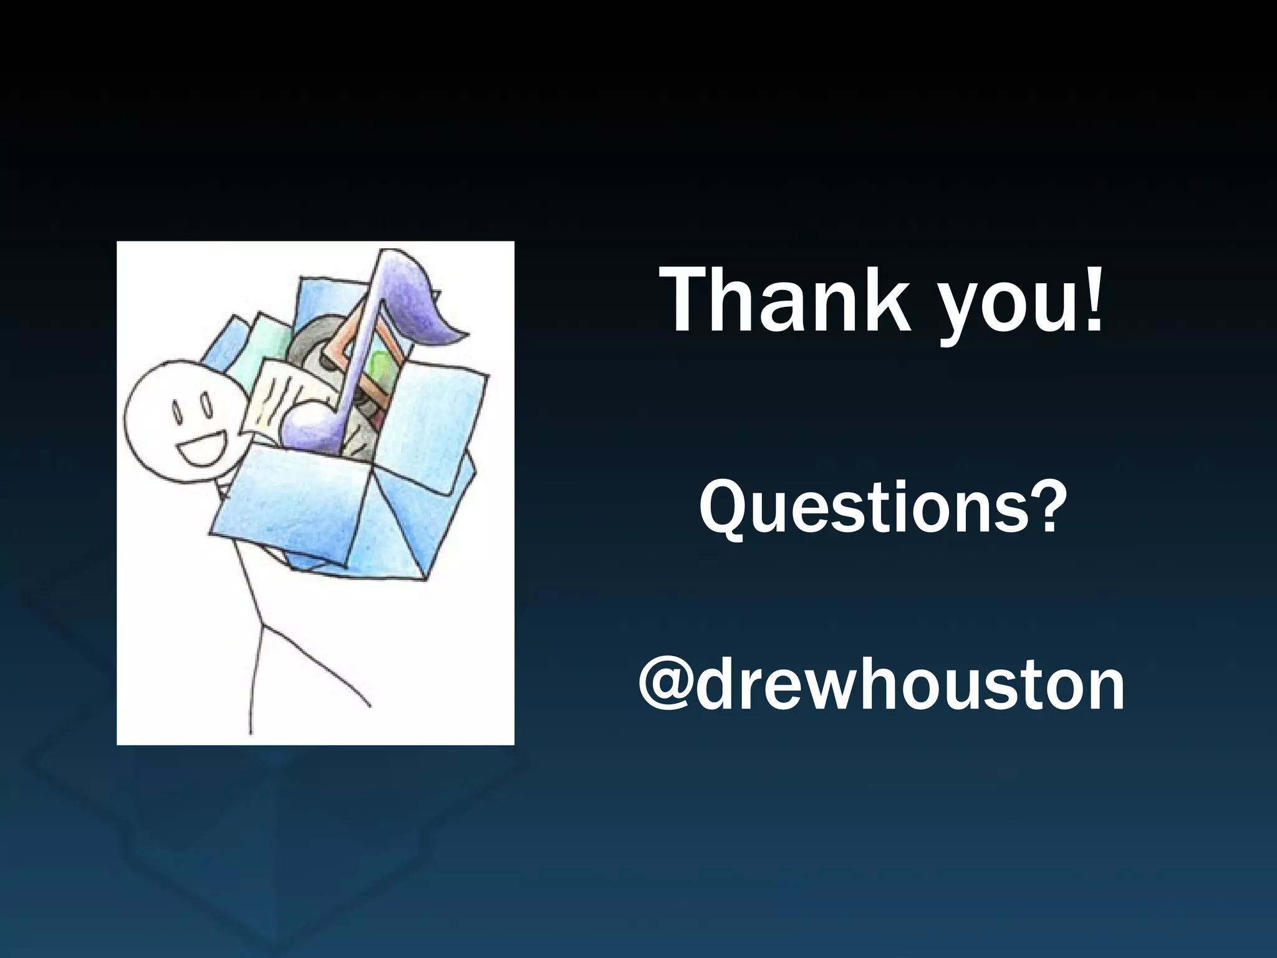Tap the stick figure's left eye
pyautogui.click(x=176, y=412)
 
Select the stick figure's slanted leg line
pyautogui.click(x=312, y=667)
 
